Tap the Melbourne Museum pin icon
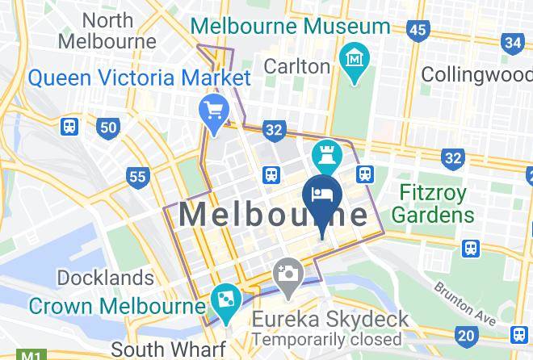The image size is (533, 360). (355, 58)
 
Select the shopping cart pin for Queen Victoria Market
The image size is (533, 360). (214, 109)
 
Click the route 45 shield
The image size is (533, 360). (418, 31)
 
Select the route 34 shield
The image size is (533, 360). (512, 42)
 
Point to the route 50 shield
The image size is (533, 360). (107, 127)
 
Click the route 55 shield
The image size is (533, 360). (138, 176)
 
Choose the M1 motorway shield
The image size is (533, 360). (31, 354)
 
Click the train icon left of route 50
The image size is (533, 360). (69, 127)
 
